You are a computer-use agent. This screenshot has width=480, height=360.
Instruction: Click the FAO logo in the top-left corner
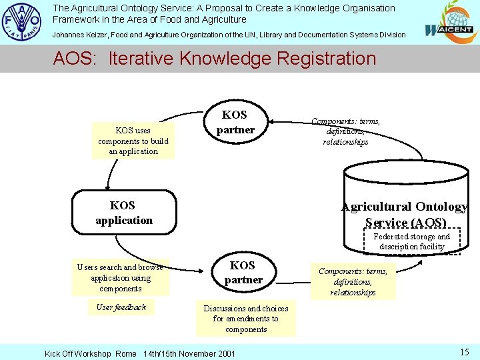[22, 22]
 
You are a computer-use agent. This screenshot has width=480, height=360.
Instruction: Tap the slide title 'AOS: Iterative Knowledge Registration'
[215, 59]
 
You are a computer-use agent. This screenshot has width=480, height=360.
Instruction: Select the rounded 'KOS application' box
[124, 213]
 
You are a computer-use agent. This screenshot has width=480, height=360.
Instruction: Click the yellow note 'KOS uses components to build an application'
[133, 141]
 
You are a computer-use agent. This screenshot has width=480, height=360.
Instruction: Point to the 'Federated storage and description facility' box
[412, 241]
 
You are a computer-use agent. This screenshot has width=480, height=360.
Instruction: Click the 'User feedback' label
[121, 307]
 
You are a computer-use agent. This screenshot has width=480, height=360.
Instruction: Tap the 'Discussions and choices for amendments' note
[246, 319]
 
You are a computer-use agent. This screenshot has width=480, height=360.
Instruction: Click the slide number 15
[465, 351]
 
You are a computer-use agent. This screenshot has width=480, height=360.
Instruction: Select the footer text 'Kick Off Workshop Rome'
[90, 353]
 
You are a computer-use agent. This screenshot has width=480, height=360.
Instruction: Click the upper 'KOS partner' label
[235, 122]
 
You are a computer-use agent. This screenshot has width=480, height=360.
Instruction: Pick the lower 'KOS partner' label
[243, 273]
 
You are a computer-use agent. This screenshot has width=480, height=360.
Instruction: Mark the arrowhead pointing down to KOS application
[107, 187]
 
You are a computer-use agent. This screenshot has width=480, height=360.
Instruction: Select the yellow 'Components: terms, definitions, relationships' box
[353, 281]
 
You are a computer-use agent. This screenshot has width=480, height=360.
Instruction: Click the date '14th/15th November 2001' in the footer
[189, 353]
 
